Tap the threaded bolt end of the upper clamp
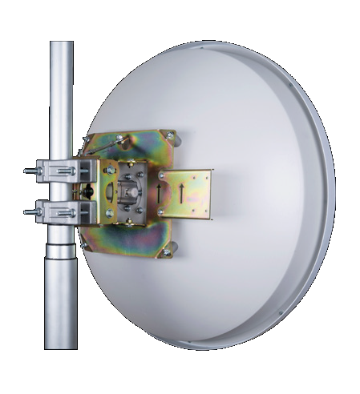click(29, 171)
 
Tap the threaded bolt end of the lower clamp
click(29, 212)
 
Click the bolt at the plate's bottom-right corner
click(166, 251)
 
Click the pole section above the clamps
click(61, 96)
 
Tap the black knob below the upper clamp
click(87, 191)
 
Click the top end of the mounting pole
click(61, 45)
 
